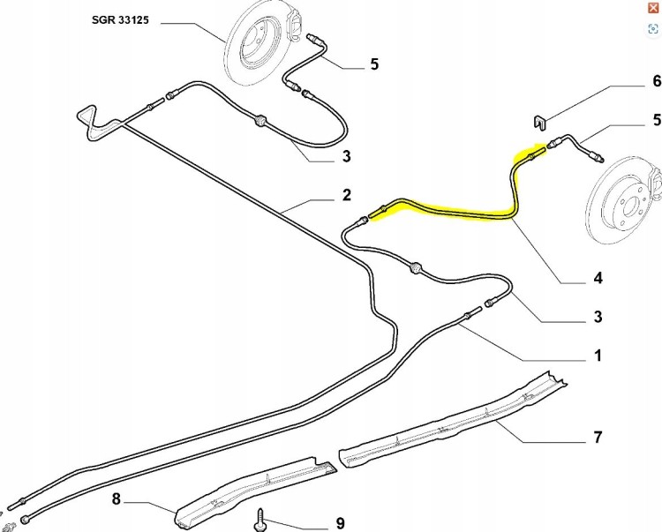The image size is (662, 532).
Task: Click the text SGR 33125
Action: click(120, 19)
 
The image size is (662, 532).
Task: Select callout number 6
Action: click(657, 81)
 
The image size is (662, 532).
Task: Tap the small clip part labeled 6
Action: click(538, 123)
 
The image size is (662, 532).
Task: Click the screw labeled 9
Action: click(260, 520)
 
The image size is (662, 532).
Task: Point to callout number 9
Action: click(341, 523)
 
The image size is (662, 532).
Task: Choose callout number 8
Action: click(117, 499)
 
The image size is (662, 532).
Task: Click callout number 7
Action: click(598, 437)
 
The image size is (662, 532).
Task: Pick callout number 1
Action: click(598, 356)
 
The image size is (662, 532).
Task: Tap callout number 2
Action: click(346, 195)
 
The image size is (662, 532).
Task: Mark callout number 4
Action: click(598, 278)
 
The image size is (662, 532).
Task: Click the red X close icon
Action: click(653, 8)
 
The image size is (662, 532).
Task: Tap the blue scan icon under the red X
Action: click(653, 29)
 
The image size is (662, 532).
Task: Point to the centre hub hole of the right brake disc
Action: click(629, 207)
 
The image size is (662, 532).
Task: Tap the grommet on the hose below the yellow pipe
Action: click(416, 267)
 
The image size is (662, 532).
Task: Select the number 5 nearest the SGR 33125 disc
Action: click(374, 64)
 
